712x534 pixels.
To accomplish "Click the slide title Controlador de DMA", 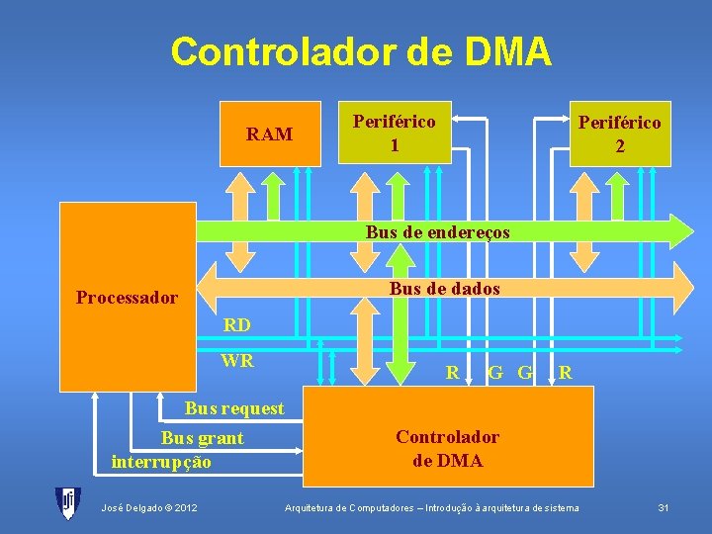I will click(x=360, y=51).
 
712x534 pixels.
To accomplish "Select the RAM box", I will click(x=269, y=133).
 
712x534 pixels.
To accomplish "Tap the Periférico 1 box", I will click(x=395, y=133).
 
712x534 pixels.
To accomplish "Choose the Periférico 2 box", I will click(x=620, y=133).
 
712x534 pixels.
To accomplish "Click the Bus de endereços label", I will click(x=437, y=232).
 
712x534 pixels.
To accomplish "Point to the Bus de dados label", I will click(x=444, y=289).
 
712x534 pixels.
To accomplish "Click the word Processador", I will click(x=127, y=298).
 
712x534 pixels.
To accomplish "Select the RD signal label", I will click(x=236, y=324).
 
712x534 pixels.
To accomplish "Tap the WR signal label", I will click(x=237, y=361).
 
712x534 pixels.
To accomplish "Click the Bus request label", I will click(x=234, y=408).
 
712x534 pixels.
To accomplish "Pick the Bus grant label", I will click(x=202, y=438).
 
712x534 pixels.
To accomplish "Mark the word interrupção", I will click(x=161, y=461).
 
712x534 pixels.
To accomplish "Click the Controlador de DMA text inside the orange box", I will click(x=447, y=449).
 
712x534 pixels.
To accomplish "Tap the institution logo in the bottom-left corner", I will click(x=66, y=503).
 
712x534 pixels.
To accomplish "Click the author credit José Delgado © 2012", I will click(x=148, y=508).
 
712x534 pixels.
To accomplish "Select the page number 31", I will click(x=664, y=508).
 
